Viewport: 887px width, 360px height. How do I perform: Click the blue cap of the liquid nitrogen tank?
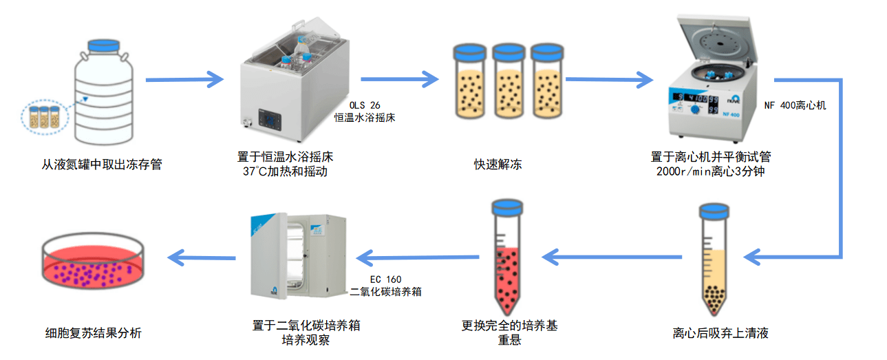pyautogui.click(x=104, y=47)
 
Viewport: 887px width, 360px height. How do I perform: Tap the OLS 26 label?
pyautogui.click(x=365, y=105)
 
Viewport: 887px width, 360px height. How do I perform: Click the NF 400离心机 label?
pyautogui.click(x=795, y=106)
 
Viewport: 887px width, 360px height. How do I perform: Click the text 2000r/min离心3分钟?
pyautogui.click(x=711, y=171)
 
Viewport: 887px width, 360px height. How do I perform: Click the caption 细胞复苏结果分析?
pyautogui.click(x=92, y=333)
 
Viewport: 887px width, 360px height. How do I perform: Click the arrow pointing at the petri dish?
pyautogui.click(x=202, y=258)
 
